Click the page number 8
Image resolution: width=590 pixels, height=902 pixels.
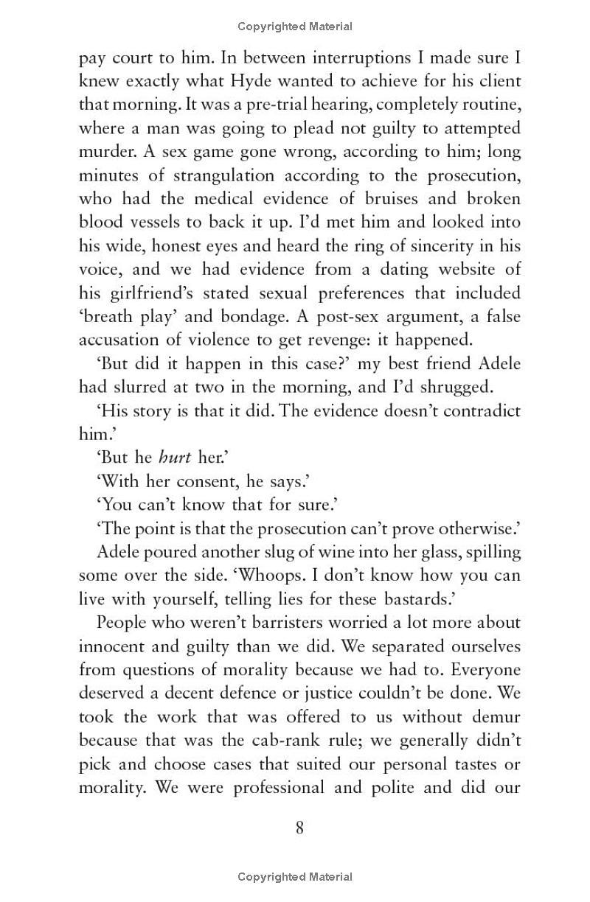click(299, 828)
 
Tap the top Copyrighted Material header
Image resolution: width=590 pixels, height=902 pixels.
click(295, 27)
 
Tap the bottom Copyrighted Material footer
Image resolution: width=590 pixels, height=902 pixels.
click(295, 877)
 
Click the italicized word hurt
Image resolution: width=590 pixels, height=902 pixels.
click(175, 458)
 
